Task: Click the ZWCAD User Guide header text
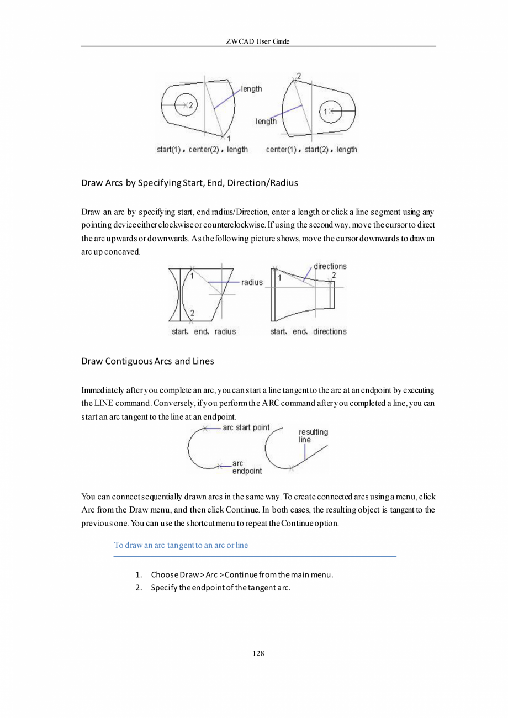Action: (258, 41)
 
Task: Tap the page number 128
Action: (258, 653)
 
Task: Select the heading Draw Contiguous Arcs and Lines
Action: (147, 361)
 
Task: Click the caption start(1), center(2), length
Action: (202, 150)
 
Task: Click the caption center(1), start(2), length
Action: (311, 150)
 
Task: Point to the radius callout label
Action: (252, 282)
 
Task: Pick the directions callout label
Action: (330, 266)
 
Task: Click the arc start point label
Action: (246, 427)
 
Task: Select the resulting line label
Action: (313, 436)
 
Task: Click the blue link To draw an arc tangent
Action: (181, 545)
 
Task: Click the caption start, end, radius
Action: (204, 331)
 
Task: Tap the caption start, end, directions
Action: (308, 331)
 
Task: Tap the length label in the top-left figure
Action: (251, 88)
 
